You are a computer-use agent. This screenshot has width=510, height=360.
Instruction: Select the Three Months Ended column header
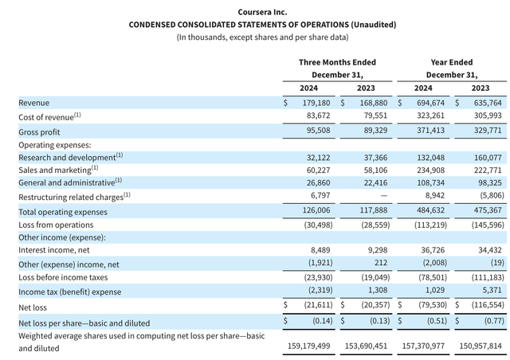coord(337,62)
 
